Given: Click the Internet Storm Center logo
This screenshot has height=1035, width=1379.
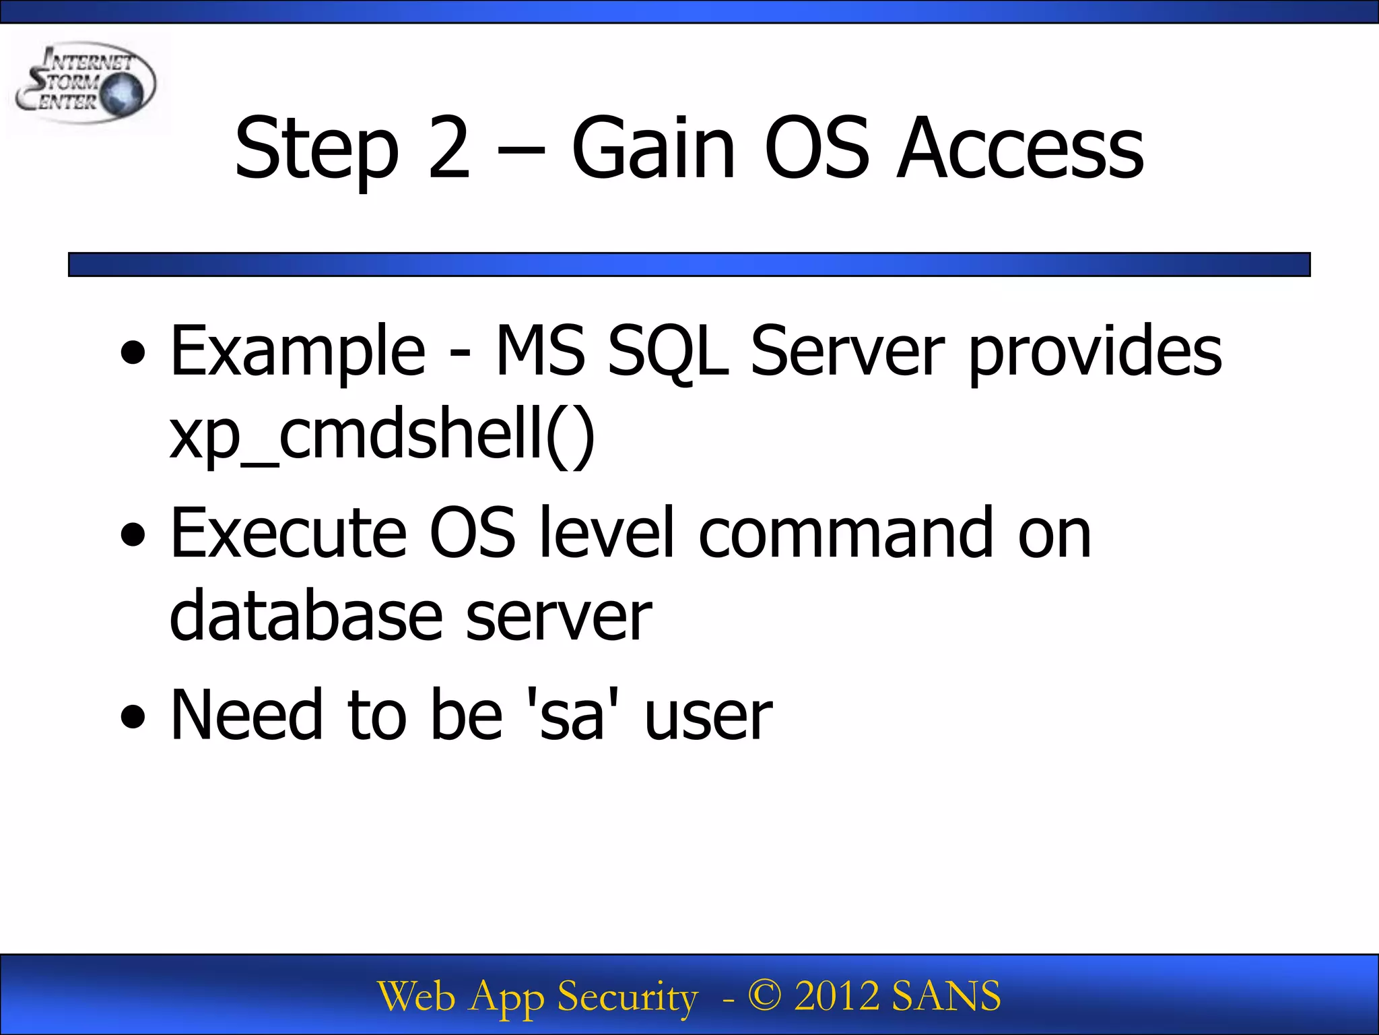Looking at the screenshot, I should [86, 84].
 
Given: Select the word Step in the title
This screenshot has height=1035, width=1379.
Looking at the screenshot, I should [316, 150].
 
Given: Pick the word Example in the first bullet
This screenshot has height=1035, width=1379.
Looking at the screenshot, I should [298, 352].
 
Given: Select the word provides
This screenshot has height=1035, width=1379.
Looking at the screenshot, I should [1095, 352].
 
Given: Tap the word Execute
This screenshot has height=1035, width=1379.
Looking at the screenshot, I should [289, 533].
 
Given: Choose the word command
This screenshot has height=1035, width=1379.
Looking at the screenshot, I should [846, 533].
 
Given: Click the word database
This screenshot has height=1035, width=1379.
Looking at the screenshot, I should [306, 615].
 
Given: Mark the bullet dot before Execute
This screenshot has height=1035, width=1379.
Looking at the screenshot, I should [133, 534].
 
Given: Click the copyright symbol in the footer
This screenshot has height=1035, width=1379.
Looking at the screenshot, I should [764, 996].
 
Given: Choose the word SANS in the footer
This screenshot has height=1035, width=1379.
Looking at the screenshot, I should [945, 996].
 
